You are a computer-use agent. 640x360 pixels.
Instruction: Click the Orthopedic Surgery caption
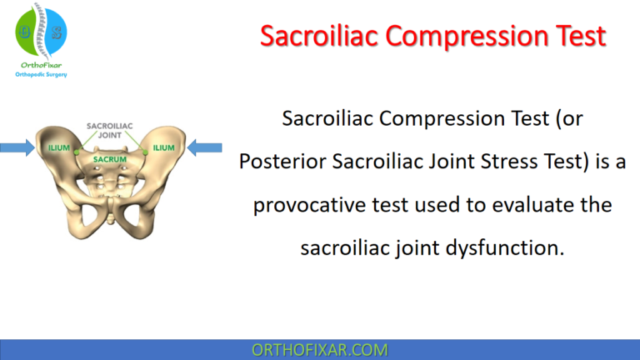[x=41, y=75]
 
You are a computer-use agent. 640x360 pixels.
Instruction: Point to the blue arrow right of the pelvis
[x=203, y=148]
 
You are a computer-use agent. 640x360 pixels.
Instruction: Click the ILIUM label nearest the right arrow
[x=164, y=148]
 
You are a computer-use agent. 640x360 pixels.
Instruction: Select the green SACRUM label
[x=109, y=157]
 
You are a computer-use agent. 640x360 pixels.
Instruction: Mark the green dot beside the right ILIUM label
[x=143, y=151]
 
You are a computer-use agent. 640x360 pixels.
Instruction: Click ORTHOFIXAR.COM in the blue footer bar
[x=320, y=349]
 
